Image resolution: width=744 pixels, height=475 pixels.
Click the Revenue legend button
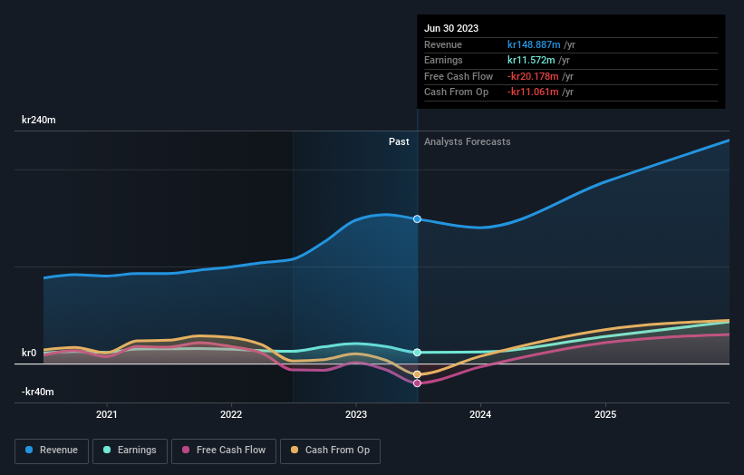[x=53, y=450]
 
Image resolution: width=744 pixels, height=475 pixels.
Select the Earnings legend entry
[x=130, y=450]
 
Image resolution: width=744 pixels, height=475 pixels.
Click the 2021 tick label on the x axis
[x=107, y=414]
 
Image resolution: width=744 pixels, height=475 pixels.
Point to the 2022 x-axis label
[x=231, y=414]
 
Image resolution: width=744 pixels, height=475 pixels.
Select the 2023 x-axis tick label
[x=356, y=414]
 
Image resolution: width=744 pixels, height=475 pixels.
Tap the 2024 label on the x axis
[x=480, y=414]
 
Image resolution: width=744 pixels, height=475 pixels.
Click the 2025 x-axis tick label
[x=605, y=414]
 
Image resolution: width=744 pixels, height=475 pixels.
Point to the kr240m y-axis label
[x=38, y=120]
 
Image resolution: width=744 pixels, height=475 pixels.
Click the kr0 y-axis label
[x=30, y=353]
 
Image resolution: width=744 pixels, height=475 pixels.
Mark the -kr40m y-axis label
[x=37, y=392]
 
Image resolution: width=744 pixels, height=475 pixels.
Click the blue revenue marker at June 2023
[x=417, y=219]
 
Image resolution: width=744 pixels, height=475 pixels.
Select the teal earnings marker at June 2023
[x=417, y=352]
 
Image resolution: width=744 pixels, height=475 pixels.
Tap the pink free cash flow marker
[x=417, y=383]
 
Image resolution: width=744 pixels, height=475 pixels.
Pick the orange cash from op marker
[x=417, y=374]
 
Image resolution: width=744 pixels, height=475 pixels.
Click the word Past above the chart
[x=399, y=141]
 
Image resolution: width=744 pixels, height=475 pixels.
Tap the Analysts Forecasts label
[x=467, y=141]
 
